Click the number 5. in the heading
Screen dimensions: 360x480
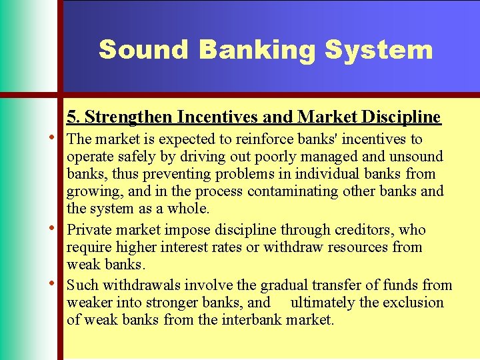point(74,117)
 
